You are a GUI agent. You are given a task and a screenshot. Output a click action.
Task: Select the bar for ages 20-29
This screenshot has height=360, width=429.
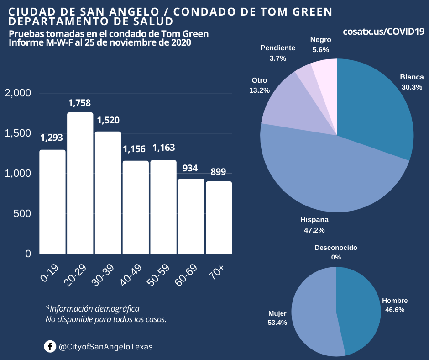tap(80, 183)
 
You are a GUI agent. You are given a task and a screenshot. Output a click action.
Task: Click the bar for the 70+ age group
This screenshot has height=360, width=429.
tap(219, 217)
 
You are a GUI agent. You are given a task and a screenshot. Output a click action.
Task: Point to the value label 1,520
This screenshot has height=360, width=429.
tap(108, 121)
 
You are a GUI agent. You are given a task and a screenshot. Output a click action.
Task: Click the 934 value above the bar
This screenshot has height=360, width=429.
tap(190, 168)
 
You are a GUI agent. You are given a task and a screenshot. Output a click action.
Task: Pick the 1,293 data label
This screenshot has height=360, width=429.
tap(52, 138)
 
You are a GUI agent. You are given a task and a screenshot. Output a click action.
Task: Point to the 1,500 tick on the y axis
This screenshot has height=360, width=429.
tap(18, 133)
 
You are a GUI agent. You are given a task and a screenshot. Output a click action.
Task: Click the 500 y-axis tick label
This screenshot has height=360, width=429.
tap(22, 213)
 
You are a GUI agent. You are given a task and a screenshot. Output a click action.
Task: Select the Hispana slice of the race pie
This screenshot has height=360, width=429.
tap(329, 174)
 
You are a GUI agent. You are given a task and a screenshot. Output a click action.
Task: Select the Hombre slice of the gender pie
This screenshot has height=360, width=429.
tap(361, 311)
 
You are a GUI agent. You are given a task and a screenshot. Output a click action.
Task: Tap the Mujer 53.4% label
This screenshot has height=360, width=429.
tap(277, 318)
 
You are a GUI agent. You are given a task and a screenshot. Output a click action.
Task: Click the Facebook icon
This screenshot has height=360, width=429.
tap(50, 347)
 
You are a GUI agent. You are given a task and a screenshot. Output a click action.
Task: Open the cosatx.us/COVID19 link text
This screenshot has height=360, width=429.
tap(384, 32)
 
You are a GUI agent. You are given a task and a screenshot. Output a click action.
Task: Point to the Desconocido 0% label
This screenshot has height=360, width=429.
tap(336, 252)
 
